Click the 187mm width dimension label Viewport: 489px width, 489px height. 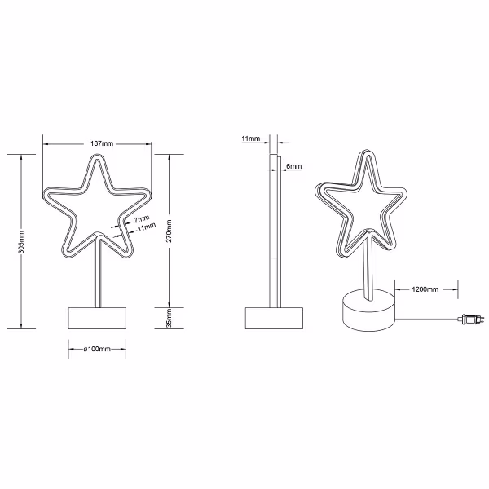click(x=96, y=144)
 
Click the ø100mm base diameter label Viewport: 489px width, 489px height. click(x=97, y=349)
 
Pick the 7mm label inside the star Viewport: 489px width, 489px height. click(x=143, y=220)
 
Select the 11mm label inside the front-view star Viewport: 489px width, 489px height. click(x=147, y=229)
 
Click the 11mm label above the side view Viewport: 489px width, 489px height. click(x=251, y=140)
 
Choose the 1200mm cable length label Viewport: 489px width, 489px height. click(x=425, y=289)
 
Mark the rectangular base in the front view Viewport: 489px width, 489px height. click(x=97, y=318)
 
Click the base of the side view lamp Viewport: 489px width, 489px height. click(x=275, y=318)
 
